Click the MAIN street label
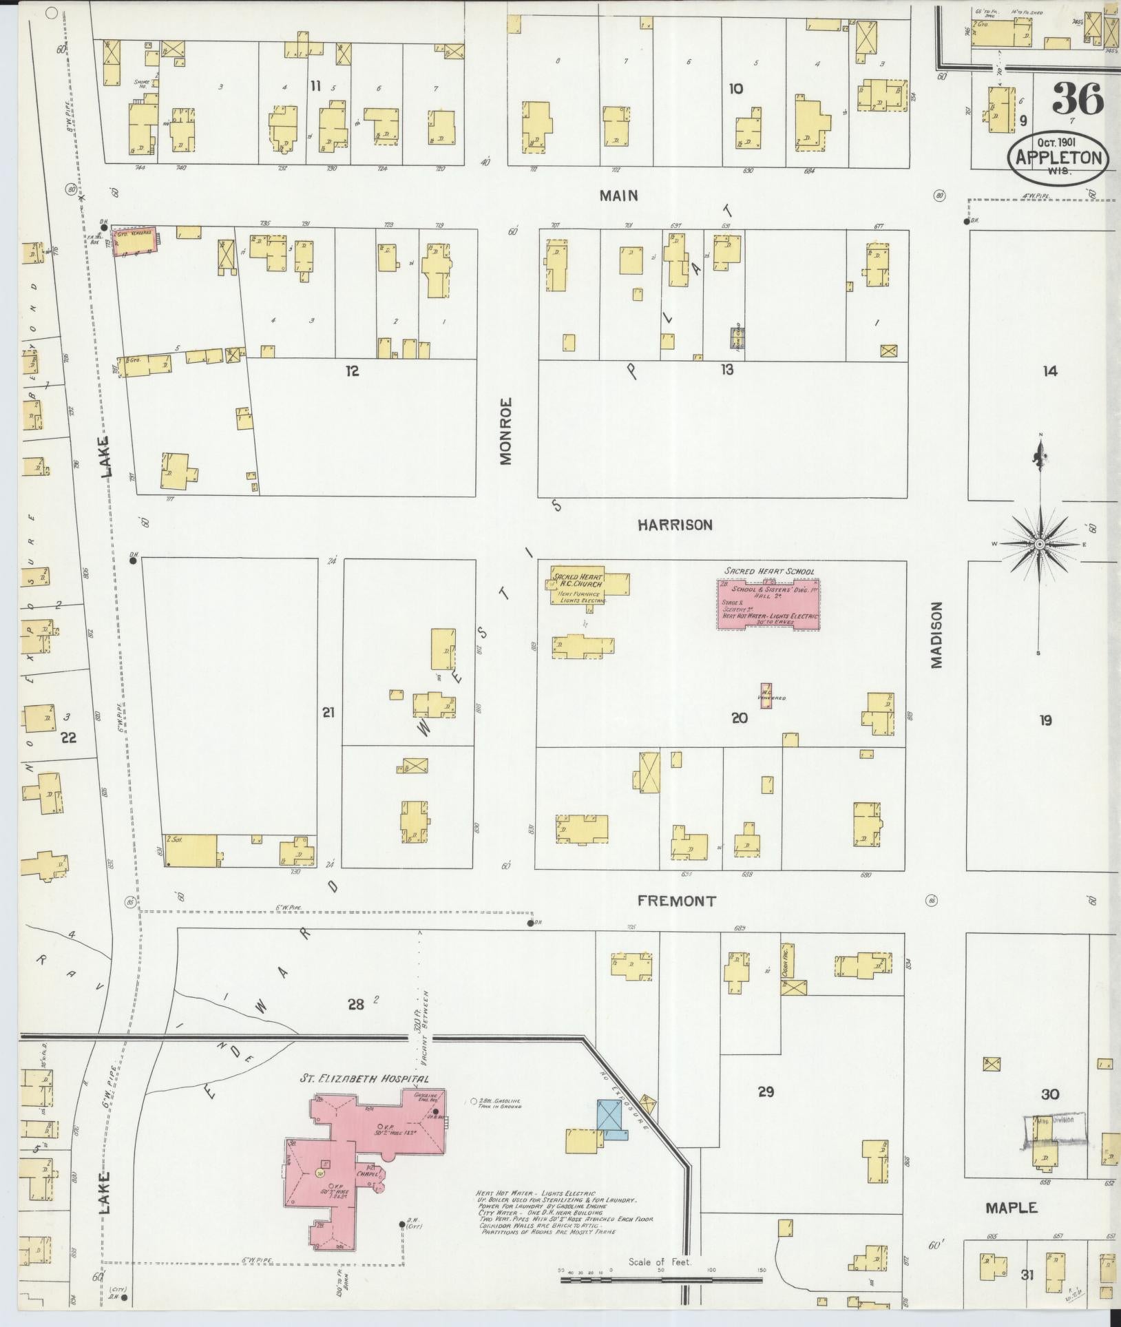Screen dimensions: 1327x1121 [618, 196]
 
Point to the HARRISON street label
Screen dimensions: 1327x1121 [674, 525]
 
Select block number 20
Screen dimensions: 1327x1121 [739, 718]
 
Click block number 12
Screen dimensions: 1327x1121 [353, 371]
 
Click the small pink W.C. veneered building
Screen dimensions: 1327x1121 [765, 696]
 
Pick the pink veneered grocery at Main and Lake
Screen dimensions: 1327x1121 [134, 242]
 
